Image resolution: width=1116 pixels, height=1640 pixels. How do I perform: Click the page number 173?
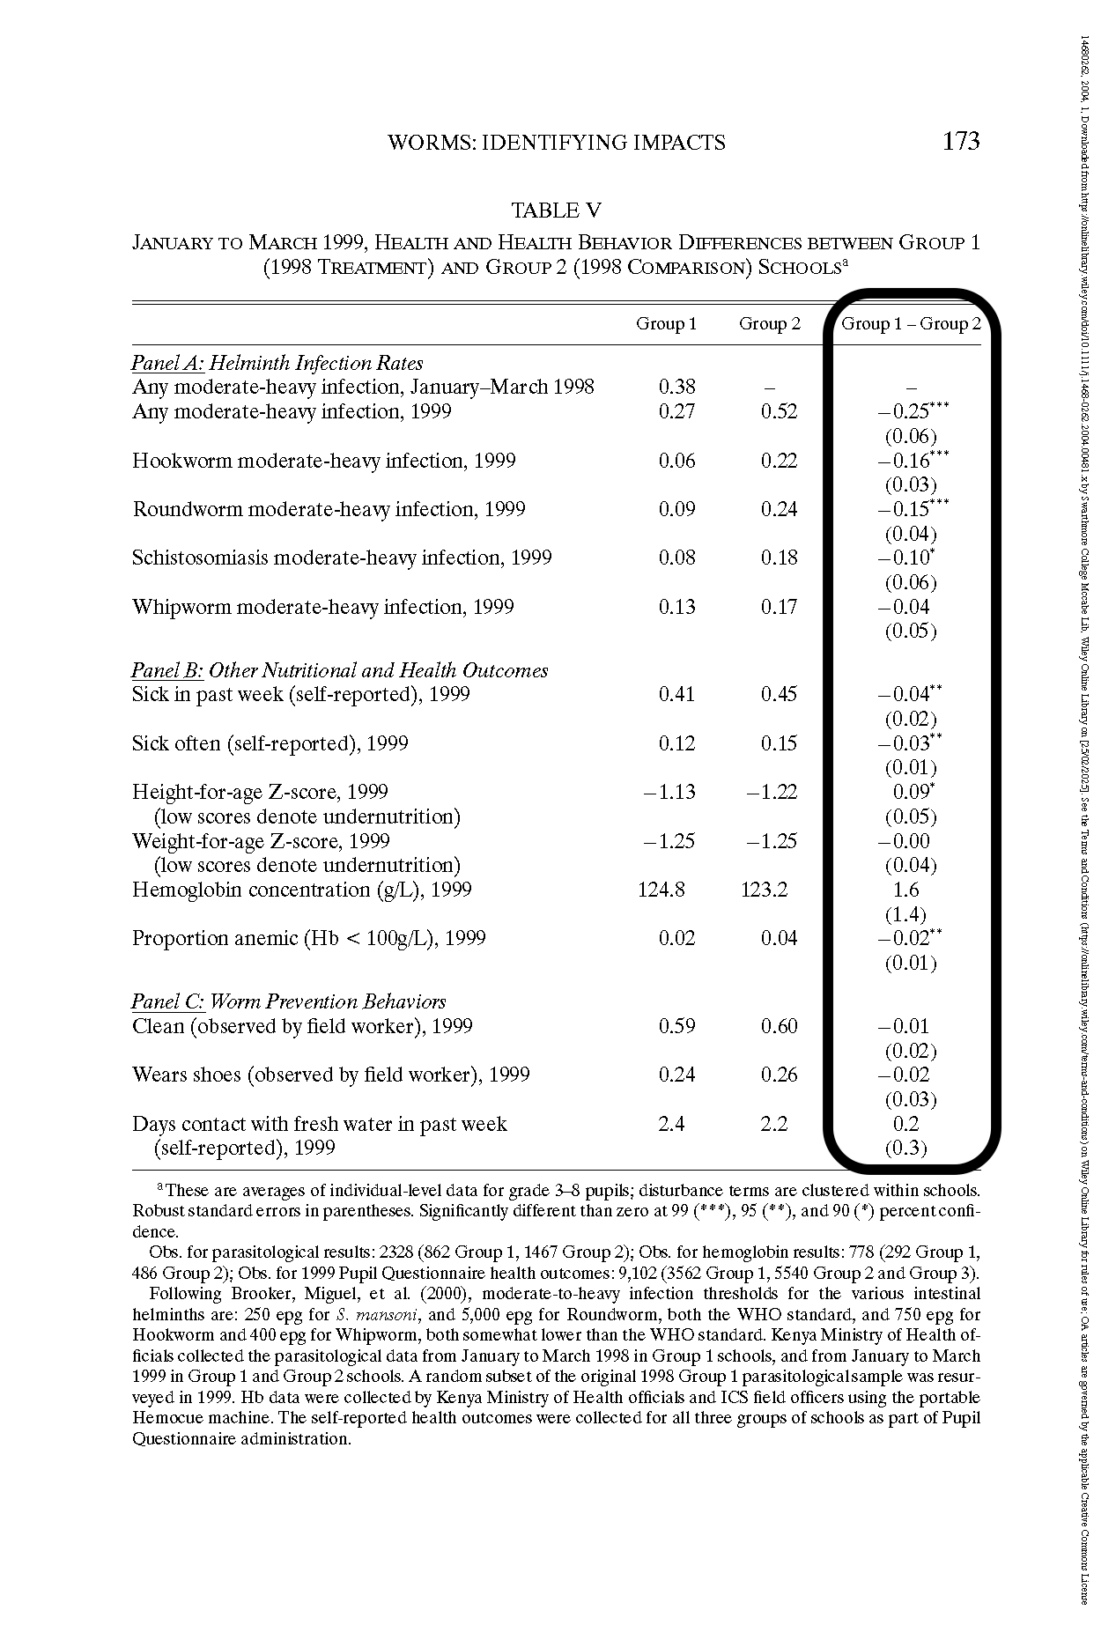point(960,142)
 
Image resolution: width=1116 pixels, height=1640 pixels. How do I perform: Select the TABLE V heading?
point(557,211)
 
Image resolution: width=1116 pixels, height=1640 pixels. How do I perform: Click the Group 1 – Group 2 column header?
point(911,324)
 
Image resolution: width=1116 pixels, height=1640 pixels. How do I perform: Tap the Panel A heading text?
point(277,363)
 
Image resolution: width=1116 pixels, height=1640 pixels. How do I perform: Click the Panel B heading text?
point(340,670)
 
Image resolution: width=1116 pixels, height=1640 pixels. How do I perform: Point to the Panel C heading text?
point(289,1001)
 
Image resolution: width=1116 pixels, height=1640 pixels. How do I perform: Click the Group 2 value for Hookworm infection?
point(779,461)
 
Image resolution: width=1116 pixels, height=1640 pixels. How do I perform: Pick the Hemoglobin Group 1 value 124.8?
point(661,890)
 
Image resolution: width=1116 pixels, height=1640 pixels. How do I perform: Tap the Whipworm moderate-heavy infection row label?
point(322,607)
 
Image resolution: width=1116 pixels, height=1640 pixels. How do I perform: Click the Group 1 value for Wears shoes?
point(676,1075)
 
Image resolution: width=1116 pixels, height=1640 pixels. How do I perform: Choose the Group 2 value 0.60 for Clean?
point(779,1026)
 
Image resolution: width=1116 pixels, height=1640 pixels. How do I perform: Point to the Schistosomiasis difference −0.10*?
point(906,558)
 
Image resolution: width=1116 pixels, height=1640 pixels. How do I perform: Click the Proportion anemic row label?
point(309,938)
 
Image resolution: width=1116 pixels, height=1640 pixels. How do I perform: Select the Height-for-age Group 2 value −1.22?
point(772,792)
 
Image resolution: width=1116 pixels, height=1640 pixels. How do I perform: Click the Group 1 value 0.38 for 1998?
point(676,387)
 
